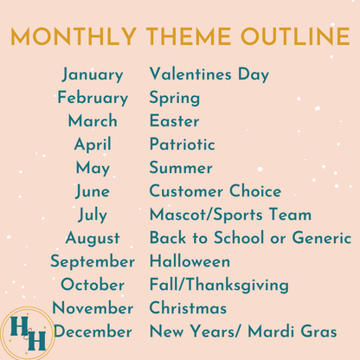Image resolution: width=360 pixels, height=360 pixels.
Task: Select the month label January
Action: pyautogui.click(x=92, y=74)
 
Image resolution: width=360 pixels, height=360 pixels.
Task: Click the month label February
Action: pyautogui.click(x=93, y=98)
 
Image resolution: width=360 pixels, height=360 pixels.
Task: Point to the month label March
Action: pyautogui.click(x=93, y=121)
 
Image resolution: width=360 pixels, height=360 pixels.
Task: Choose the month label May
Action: pyautogui.click(x=93, y=168)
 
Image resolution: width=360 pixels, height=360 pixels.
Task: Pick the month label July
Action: pyautogui.click(x=93, y=215)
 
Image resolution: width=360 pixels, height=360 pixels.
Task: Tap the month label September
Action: pyautogui.click(x=93, y=261)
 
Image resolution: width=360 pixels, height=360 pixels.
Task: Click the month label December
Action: pyautogui.click(x=93, y=331)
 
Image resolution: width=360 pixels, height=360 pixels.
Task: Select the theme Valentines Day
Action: pyautogui.click(x=209, y=74)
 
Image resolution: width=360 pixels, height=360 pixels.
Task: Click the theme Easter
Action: pyautogui.click(x=174, y=121)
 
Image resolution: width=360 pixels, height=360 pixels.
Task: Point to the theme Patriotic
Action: pyautogui.click(x=182, y=145)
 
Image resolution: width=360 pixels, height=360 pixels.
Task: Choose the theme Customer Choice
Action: pyautogui.click(x=215, y=191)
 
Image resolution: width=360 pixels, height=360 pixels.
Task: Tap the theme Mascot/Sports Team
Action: pyautogui.click(x=230, y=215)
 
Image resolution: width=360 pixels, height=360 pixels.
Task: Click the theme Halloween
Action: pyautogui.click(x=190, y=261)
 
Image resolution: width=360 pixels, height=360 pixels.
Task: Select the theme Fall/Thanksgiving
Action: pyautogui.click(x=219, y=285)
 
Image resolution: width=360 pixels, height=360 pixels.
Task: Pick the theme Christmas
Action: pyautogui.click(x=188, y=308)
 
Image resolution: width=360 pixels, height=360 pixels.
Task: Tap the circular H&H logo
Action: pyautogui.click(x=28, y=332)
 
